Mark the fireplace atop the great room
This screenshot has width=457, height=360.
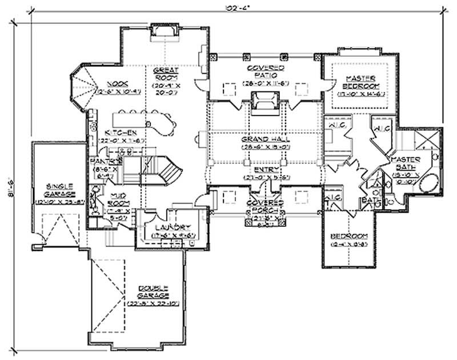163,38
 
